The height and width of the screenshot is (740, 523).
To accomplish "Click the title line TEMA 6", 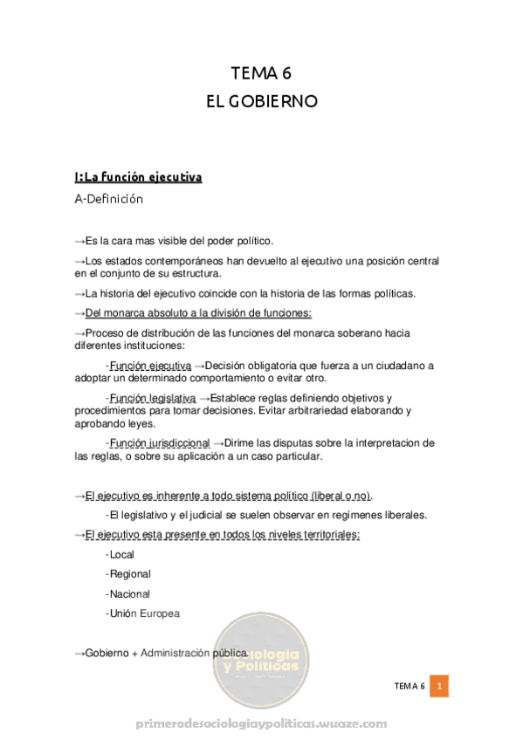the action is [261, 73].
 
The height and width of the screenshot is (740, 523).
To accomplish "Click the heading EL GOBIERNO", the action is [261, 101].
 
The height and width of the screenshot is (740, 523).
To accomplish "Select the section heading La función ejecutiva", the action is [139, 177].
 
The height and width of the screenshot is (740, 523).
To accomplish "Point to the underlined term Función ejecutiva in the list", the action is [150, 365].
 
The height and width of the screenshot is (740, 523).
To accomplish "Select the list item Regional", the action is [129, 574].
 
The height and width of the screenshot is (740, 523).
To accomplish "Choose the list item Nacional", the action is [129, 594].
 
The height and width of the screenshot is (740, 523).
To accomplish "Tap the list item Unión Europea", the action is [144, 613].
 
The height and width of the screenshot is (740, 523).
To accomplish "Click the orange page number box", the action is [441, 687].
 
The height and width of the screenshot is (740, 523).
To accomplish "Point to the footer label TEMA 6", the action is [408, 687].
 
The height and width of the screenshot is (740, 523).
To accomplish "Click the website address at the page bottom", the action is [261, 724].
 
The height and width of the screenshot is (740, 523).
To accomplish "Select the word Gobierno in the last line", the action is [107, 653].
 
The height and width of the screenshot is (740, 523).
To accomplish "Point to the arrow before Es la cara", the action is [79, 241].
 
